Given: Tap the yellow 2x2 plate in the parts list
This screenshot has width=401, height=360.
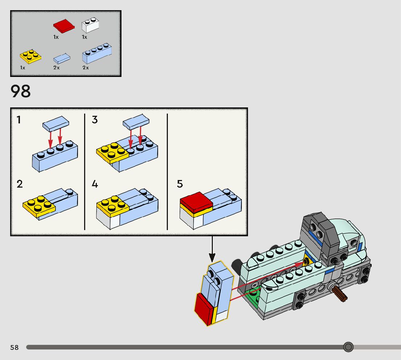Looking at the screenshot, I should click(30, 57).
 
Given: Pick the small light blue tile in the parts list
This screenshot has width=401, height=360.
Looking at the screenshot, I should click(62, 58).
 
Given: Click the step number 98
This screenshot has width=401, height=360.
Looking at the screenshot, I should click(21, 91).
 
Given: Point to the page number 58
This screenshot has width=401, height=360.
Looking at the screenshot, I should click(15, 348).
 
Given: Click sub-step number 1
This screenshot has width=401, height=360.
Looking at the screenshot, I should click(19, 119).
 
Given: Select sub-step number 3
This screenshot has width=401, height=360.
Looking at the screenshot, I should click(95, 119).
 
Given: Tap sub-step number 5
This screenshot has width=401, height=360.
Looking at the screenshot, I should click(180, 184).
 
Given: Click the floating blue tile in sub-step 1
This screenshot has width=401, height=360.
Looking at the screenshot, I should click(55, 124).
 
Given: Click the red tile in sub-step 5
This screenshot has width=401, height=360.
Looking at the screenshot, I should click(196, 202).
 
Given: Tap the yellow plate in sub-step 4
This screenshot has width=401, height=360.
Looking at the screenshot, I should click(113, 205).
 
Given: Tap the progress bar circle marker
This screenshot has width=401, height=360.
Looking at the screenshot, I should click(348, 347).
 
